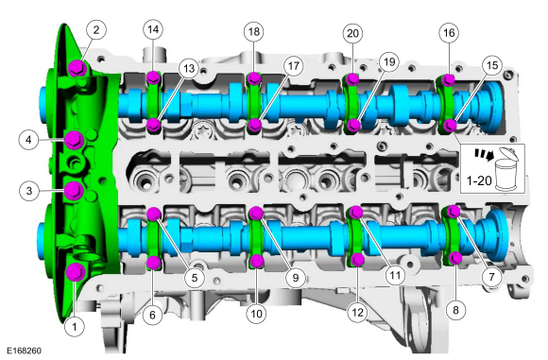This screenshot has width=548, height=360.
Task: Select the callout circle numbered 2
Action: click(x=96, y=30)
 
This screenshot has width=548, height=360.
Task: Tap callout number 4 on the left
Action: click(x=30, y=140)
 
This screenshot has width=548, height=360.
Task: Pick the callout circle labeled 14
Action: click(x=152, y=30)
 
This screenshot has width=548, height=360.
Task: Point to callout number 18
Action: click(x=253, y=31)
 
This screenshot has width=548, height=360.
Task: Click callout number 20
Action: click(x=352, y=32)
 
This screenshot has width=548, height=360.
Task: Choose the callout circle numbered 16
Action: click(x=448, y=31)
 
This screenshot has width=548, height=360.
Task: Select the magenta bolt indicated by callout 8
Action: click(x=455, y=258)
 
